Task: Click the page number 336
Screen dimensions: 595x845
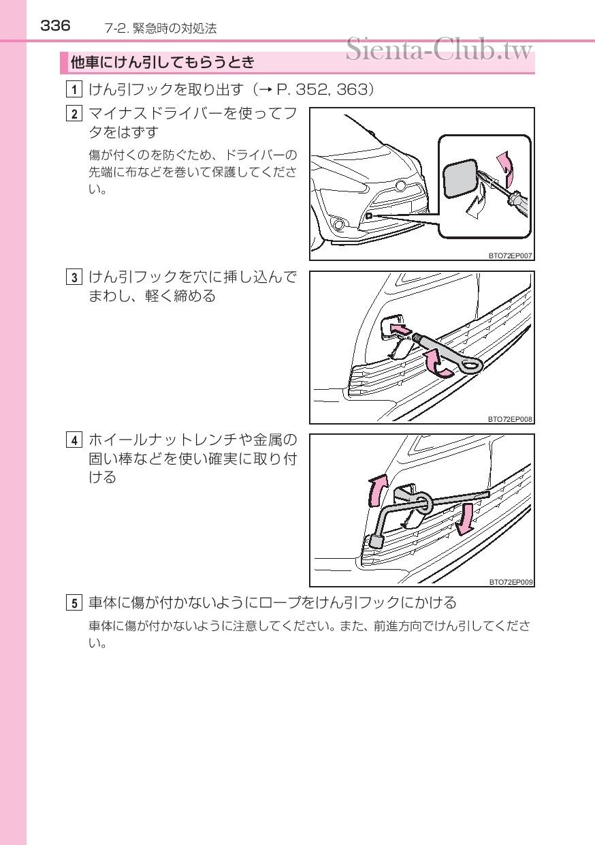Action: click(55, 26)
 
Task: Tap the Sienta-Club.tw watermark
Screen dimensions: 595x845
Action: click(439, 49)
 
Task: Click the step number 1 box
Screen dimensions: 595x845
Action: click(74, 89)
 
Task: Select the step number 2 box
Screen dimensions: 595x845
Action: click(74, 114)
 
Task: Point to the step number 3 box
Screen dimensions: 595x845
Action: click(74, 277)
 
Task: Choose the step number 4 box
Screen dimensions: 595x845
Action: click(74, 440)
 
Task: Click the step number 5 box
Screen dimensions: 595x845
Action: click(74, 603)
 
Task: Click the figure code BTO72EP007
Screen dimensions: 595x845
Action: click(510, 256)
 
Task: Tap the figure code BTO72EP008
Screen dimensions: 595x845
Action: click(510, 418)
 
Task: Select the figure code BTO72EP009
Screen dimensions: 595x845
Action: click(511, 582)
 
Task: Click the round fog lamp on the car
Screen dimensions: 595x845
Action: click(339, 225)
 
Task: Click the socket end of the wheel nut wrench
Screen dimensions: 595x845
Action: click(376, 542)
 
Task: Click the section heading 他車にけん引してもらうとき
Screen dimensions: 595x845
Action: click(163, 62)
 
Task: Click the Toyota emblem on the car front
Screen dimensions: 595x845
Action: click(400, 185)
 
